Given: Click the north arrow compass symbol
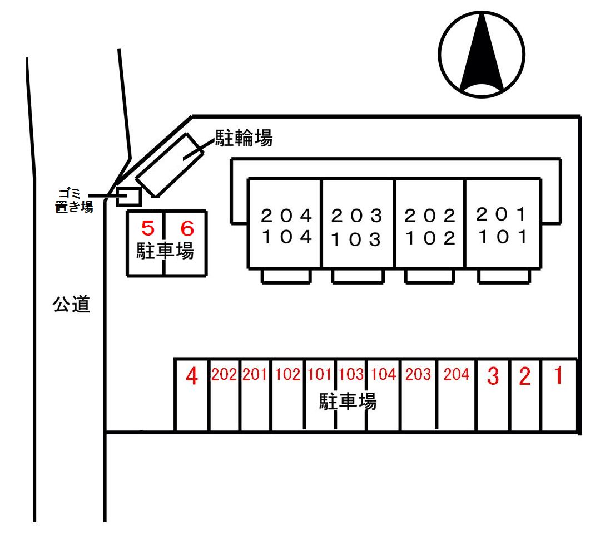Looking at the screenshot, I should point(482,55).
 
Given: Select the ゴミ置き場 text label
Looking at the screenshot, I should point(74,201).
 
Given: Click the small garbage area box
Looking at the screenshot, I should point(128,197).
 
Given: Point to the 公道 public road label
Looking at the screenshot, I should point(71,304).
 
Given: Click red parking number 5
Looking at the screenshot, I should point(147,228).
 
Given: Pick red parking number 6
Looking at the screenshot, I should point(187,228).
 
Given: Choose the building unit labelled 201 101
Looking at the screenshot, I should point(502,226).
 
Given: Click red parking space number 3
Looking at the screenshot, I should point(493,377).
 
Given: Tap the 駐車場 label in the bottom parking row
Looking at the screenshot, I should point(348,402).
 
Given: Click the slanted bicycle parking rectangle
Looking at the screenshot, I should point(168,164).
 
